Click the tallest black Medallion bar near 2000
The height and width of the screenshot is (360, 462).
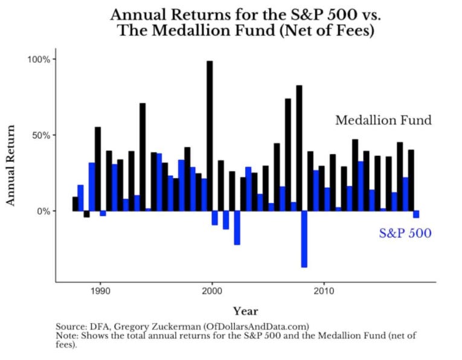point(210,136)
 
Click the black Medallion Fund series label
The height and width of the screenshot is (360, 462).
point(383,120)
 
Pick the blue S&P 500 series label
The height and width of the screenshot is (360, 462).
point(405,233)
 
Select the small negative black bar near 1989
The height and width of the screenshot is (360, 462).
point(86,214)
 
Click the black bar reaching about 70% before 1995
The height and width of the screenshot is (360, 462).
point(143,157)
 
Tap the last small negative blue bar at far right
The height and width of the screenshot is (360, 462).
point(416,214)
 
